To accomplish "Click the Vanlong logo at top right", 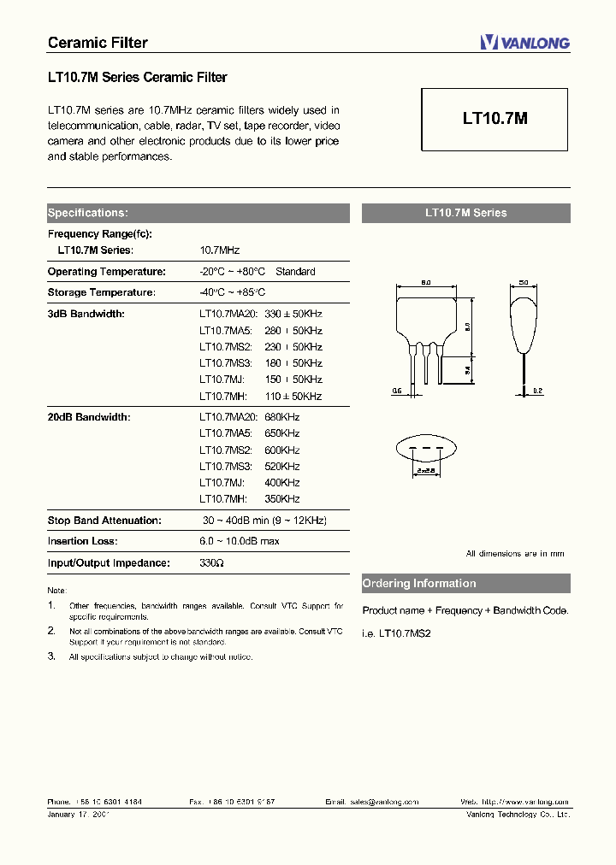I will pyautogui.click(x=524, y=43).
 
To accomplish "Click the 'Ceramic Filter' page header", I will pyautogui.click(x=98, y=43).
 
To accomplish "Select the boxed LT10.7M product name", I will pyautogui.click(x=495, y=120).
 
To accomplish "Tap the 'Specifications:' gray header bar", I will pyautogui.click(x=198, y=213).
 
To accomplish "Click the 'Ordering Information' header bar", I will pyautogui.click(x=465, y=584).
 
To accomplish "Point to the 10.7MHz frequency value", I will pyautogui.click(x=219, y=250).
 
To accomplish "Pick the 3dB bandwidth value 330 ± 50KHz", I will pyautogui.click(x=293, y=314).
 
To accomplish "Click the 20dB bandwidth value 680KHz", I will pyautogui.click(x=282, y=417).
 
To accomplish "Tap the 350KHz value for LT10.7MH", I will pyautogui.click(x=282, y=498).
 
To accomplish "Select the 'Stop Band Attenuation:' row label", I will pyautogui.click(x=104, y=520).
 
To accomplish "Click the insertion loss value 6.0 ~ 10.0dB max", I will pyautogui.click(x=240, y=541).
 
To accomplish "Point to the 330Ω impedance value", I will pyautogui.click(x=211, y=562).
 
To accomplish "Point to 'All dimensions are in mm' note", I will pyautogui.click(x=515, y=554).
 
